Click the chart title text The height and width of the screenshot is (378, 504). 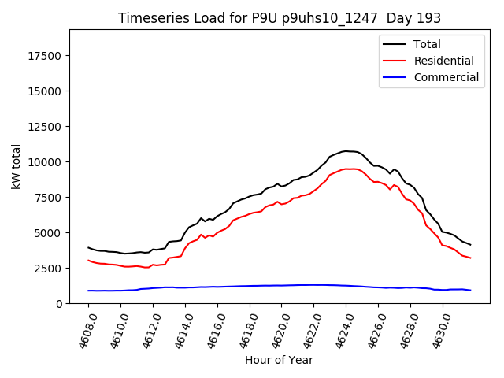pos(280,17)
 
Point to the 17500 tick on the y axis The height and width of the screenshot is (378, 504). pos(46,56)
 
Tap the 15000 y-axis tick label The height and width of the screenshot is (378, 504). pos(46,91)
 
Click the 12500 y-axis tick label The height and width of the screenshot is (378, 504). pos(46,127)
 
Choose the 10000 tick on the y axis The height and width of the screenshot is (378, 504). pos(46,162)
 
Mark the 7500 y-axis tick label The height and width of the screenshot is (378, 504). pos(50,198)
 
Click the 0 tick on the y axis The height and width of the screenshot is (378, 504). pos(60,304)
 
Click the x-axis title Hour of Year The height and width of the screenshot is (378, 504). pos(279,360)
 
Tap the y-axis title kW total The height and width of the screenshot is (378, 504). pos(17,166)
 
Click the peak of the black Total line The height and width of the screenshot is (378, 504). pos(345,150)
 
